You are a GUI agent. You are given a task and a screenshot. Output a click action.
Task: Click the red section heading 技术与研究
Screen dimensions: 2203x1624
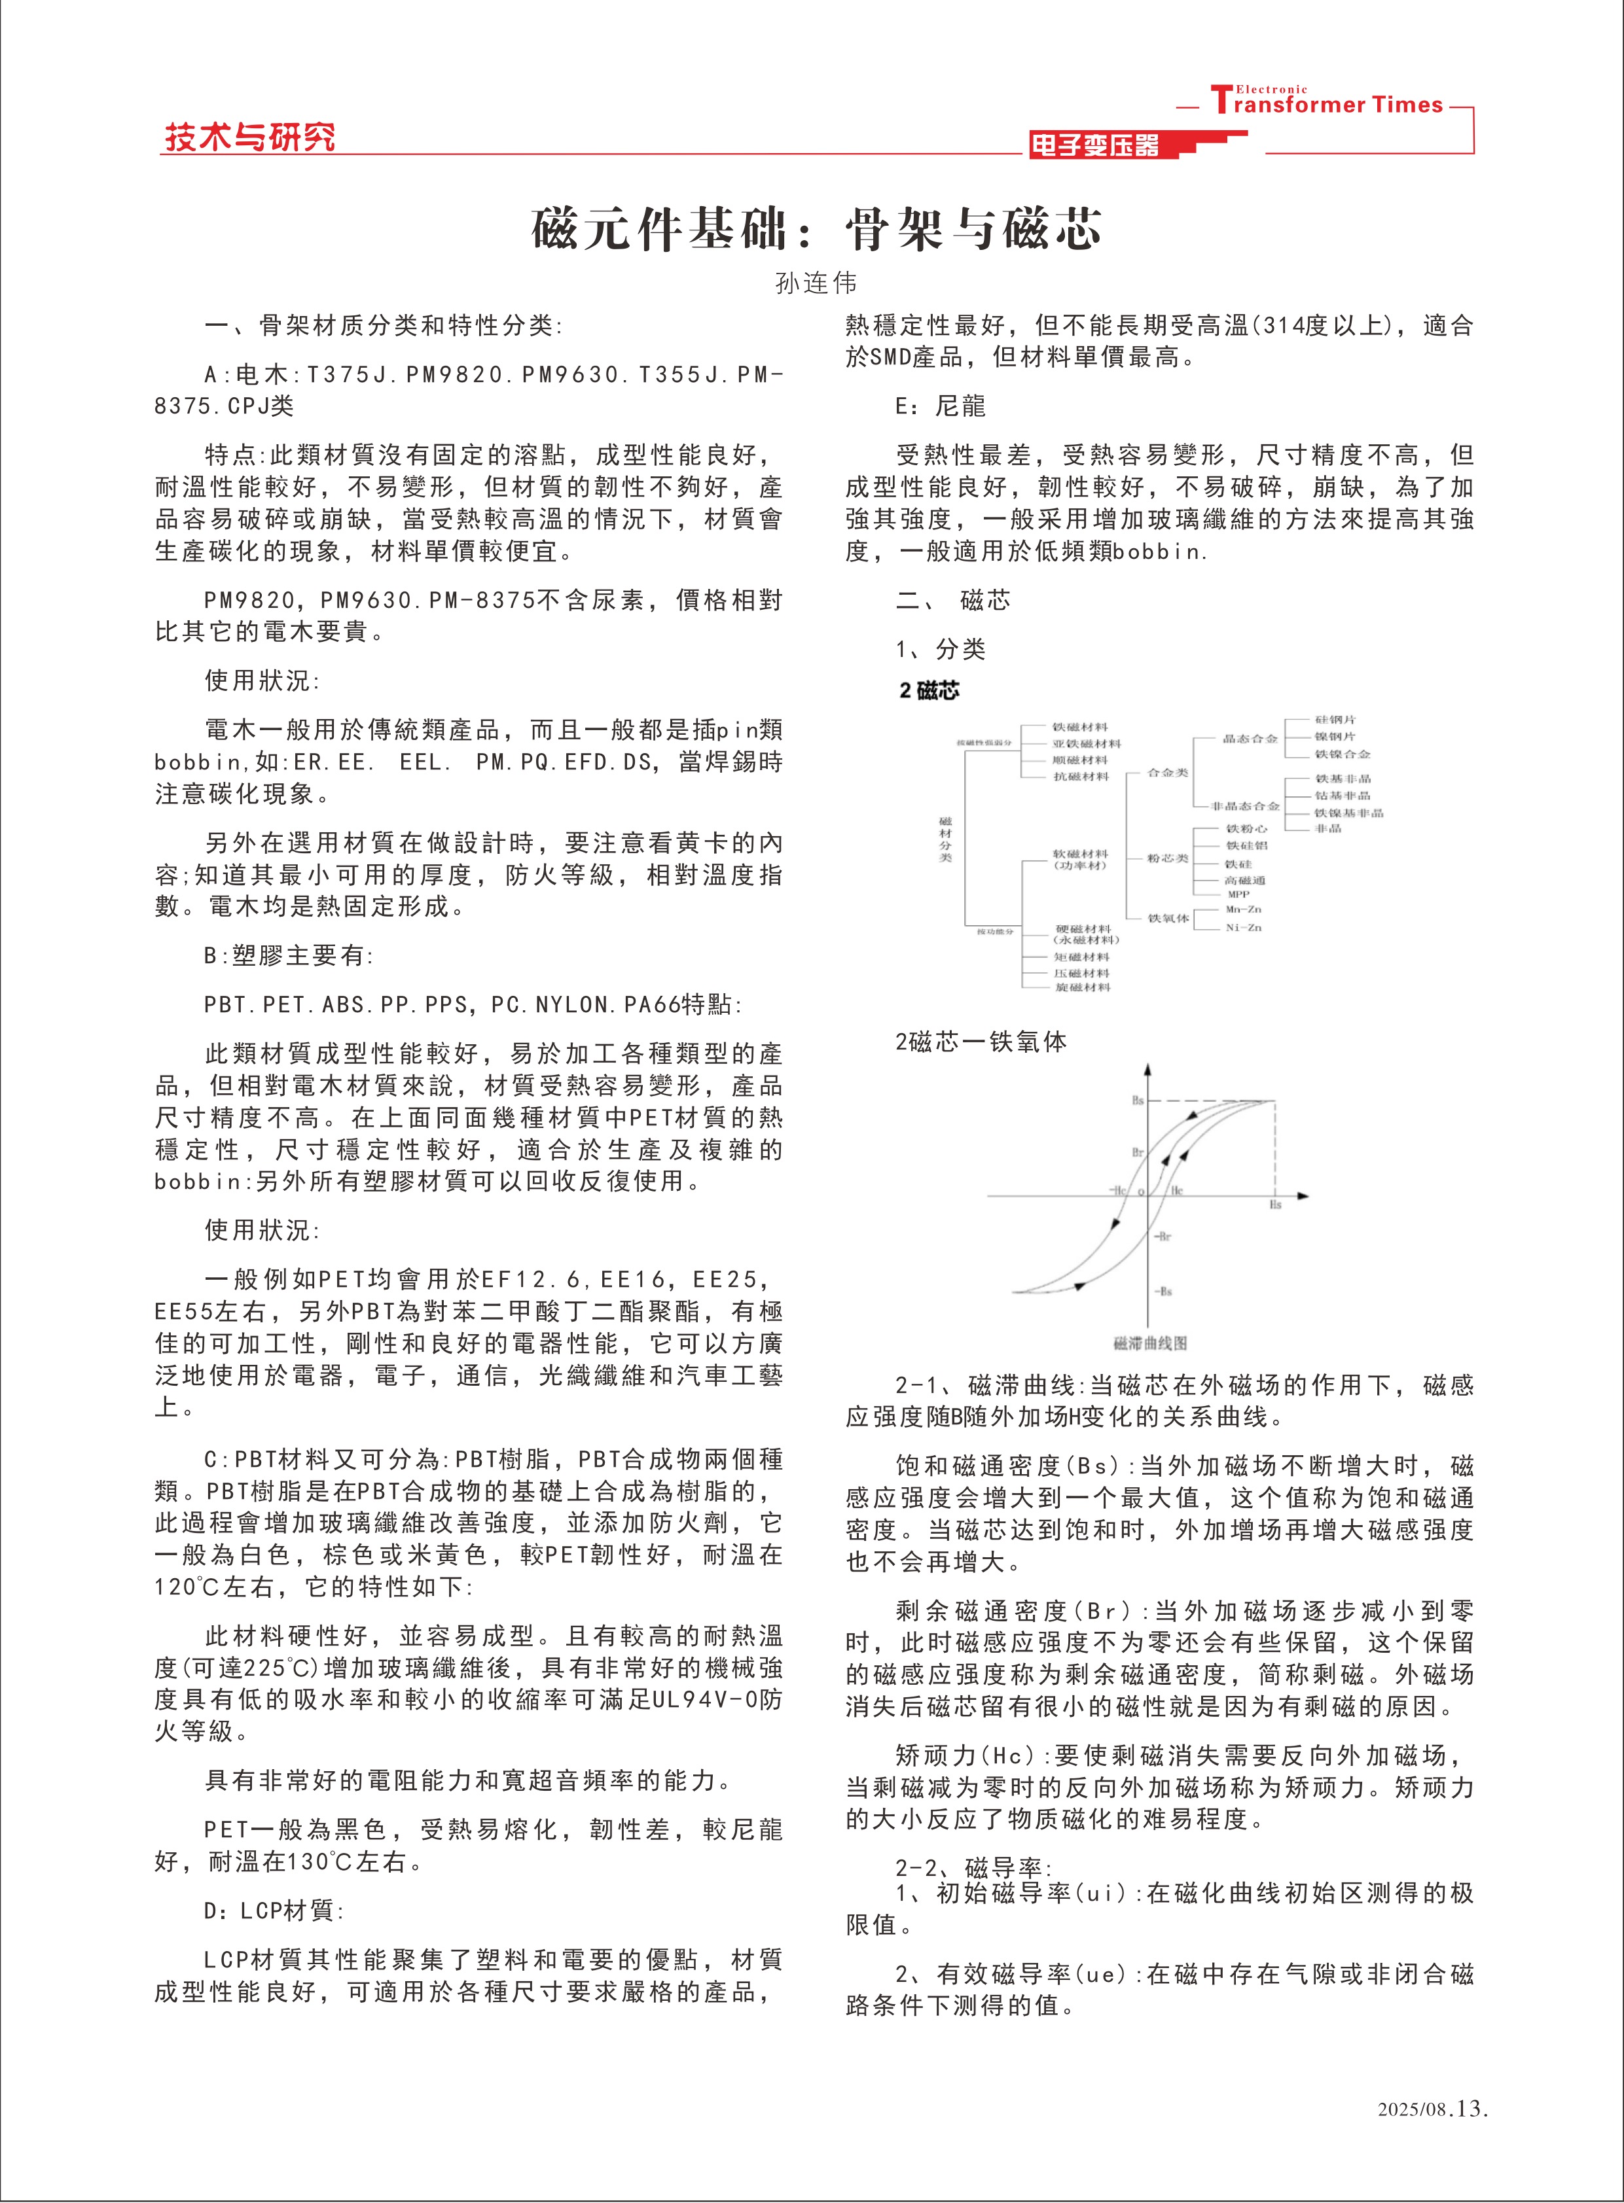[x=249, y=137]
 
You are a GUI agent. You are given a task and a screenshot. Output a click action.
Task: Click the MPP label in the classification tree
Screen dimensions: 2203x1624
[x=1238, y=894]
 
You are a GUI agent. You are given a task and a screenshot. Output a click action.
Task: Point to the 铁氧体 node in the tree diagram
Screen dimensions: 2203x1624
[x=1168, y=918]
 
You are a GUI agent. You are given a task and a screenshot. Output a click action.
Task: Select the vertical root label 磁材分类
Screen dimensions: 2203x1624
[x=946, y=838]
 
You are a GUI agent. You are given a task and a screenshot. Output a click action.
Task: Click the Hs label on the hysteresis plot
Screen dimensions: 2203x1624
[x=1275, y=1205]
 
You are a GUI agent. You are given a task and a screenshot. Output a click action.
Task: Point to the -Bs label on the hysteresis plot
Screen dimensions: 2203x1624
[x=1163, y=1291]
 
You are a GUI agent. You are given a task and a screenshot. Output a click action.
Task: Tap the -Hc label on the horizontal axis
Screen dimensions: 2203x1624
[x=1118, y=1190]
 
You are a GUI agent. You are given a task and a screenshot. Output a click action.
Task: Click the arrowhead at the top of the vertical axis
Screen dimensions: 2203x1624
[x=1147, y=1069]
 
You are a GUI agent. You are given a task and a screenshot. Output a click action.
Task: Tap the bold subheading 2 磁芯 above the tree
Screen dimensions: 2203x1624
[x=929, y=691]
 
